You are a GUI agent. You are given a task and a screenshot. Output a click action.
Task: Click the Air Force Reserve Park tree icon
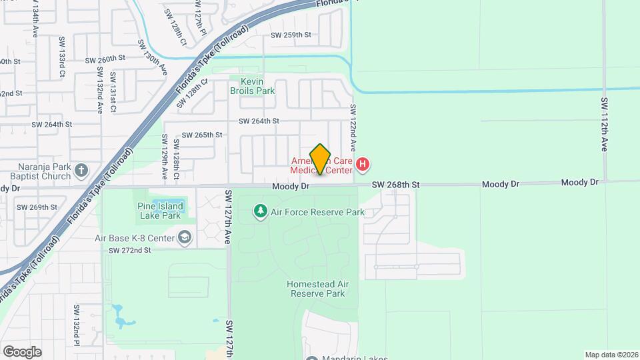click(x=261, y=212)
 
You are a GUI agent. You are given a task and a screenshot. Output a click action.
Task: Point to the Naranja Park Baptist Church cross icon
click(x=81, y=169)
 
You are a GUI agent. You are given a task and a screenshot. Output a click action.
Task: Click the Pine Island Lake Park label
click(x=160, y=211)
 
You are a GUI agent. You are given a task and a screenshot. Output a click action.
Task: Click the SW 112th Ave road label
click(x=604, y=124)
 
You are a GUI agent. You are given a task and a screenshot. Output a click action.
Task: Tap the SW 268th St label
click(x=395, y=184)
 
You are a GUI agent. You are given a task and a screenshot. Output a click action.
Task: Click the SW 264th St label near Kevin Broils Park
click(x=259, y=121)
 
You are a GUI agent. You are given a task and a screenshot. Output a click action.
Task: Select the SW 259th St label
click(x=291, y=35)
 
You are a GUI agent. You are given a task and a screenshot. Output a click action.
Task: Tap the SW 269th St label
click(x=37, y=207)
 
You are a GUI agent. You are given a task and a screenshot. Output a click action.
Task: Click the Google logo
click(x=21, y=351)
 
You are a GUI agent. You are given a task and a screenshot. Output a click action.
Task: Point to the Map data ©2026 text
click(x=611, y=355)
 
